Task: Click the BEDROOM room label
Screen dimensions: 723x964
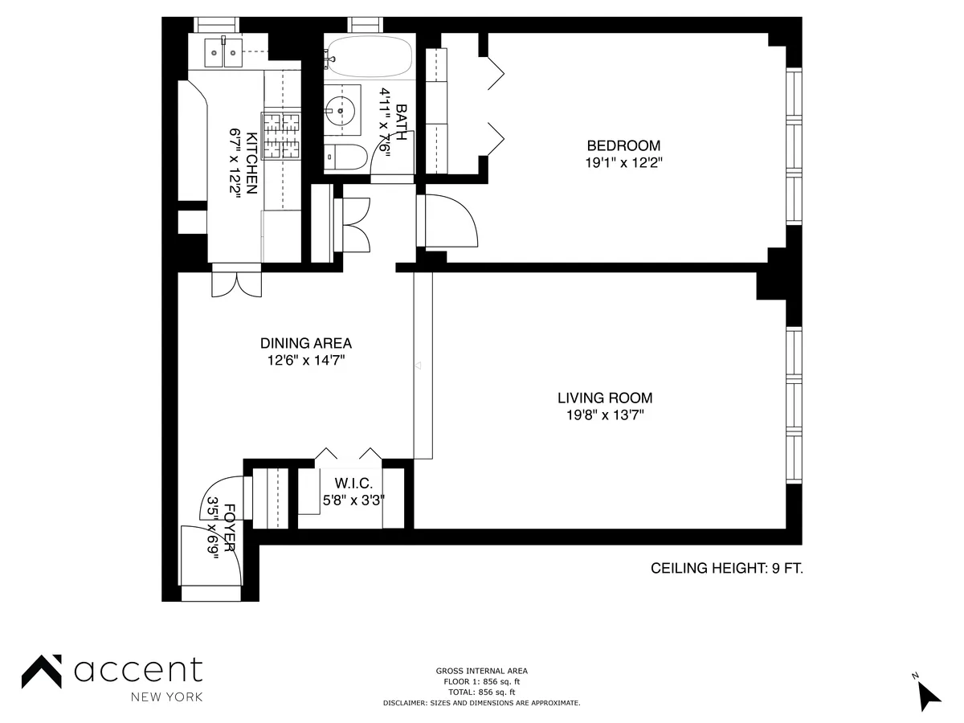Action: [623, 145]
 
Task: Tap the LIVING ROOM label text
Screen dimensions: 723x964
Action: [605, 398]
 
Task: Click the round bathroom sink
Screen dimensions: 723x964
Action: [341, 111]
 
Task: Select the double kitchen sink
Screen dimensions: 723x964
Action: [223, 53]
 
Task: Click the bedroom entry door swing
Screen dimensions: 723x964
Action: [450, 221]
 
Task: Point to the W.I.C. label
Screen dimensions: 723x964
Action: [353, 484]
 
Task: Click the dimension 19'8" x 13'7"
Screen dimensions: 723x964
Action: [605, 415]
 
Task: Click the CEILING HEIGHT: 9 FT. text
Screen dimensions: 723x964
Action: [726, 569]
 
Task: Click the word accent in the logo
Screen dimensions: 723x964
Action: [138, 669]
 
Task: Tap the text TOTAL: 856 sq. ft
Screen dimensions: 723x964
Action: [482, 692]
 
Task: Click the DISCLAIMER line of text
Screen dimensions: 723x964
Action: [482, 703]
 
